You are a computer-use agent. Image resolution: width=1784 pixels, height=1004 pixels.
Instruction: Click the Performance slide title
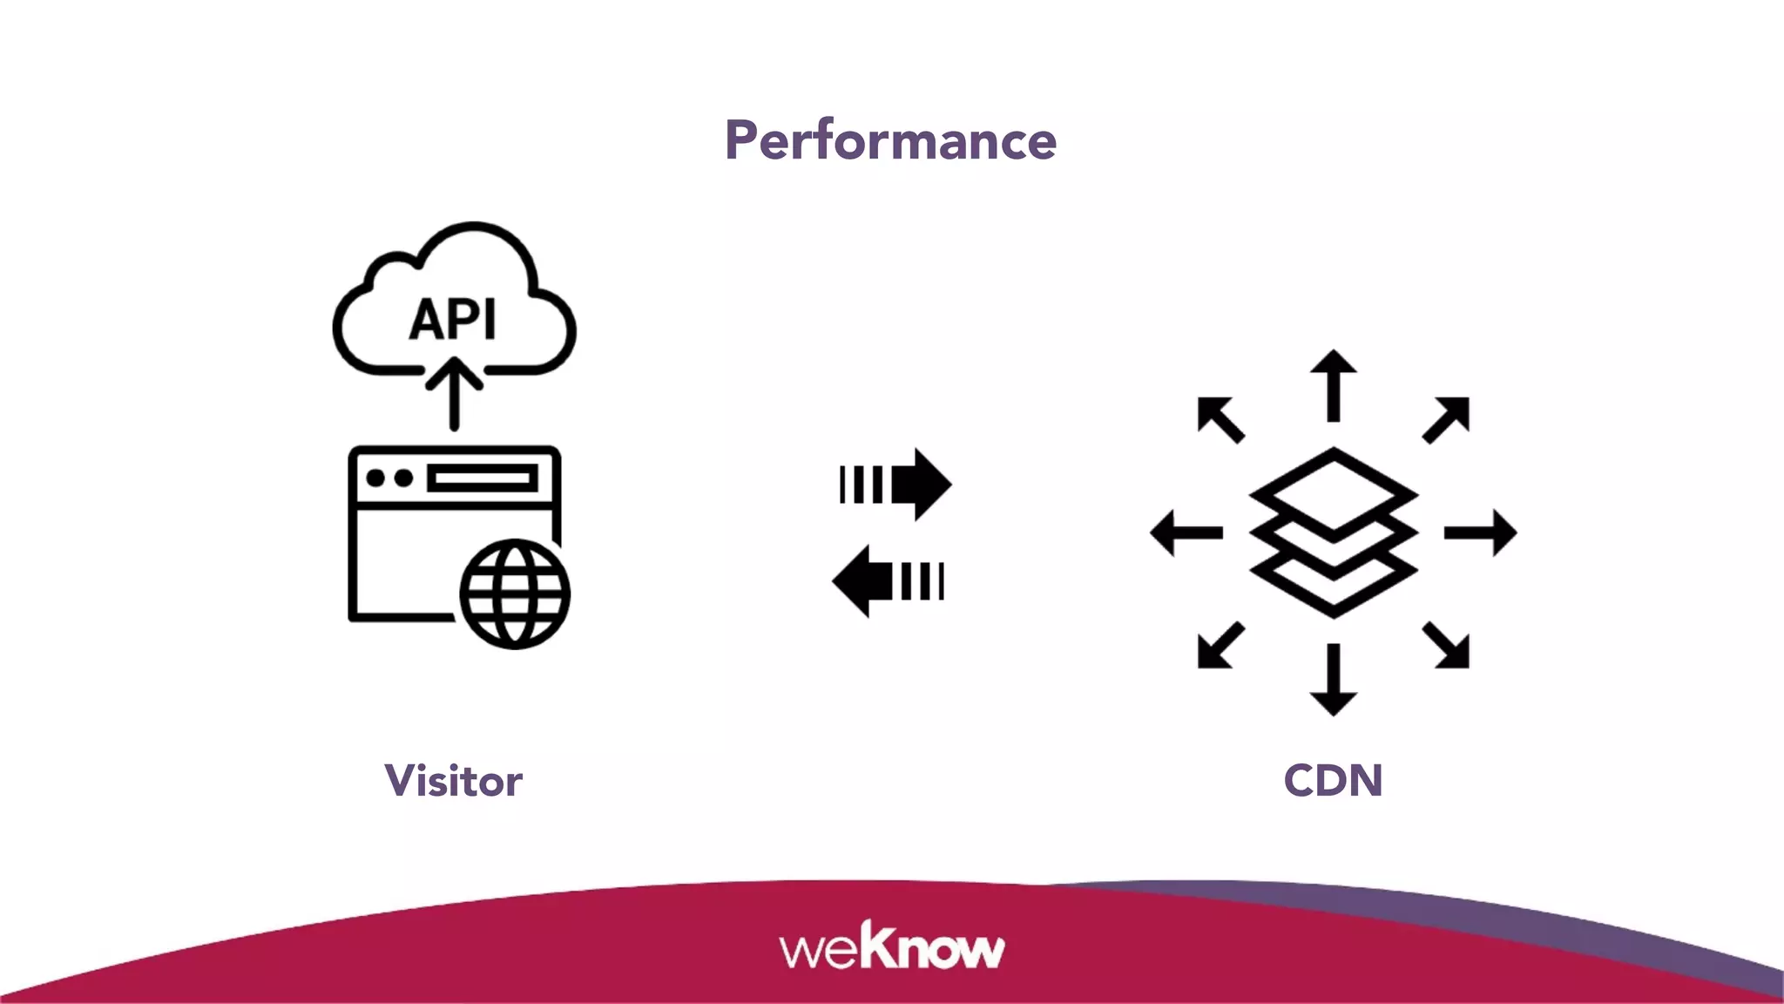(890, 140)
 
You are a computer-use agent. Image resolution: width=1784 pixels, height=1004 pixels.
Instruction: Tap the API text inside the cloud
(453, 319)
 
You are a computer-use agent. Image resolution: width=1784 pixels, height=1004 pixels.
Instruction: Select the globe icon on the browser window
(515, 594)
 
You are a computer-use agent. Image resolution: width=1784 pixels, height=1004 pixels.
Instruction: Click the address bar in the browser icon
(482, 478)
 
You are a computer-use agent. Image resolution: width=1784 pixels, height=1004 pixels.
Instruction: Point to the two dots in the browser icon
(389, 478)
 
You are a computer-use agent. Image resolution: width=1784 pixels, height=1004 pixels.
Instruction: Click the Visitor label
(453, 780)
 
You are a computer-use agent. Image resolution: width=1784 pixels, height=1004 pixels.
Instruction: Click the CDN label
(1333, 780)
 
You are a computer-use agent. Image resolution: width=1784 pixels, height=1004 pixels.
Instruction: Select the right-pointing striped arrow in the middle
(897, 485)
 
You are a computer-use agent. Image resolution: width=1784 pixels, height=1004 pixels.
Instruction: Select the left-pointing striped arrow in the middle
(889, 581)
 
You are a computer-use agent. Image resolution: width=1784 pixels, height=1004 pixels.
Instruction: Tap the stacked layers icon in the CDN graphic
(1333, 533)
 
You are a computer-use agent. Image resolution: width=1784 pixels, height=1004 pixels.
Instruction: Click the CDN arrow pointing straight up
(1333, 385)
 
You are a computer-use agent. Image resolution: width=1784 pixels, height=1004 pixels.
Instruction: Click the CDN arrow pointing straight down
(1333, 680)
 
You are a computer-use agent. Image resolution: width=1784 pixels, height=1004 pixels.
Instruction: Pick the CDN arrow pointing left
(1186, 533)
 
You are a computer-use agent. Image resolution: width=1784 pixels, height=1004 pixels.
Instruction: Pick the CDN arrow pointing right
(1480, 533)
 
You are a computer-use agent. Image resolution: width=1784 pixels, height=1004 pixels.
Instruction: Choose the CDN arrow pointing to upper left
(1220, 419)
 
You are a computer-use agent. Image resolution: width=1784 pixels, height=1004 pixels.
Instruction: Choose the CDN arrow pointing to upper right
(1447, 419)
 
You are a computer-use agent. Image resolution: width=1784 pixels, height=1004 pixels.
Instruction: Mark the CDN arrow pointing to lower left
(1220, 646)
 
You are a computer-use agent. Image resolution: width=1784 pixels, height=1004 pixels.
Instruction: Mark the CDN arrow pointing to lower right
(1447, 646)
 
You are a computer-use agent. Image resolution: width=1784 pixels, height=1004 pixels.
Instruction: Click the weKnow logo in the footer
(891, 947)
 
